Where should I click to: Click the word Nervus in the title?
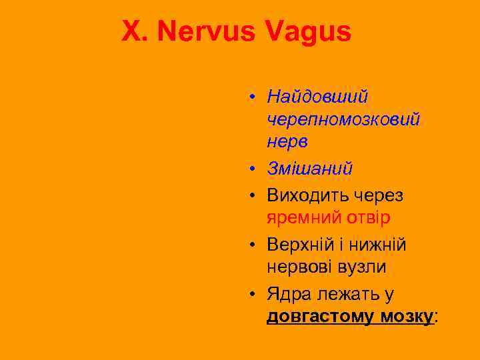click(x=203, y=31)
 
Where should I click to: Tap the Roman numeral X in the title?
click(x=131, y=31)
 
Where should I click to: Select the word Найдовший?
click(x=317, y=97)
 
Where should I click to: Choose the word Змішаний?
click(x=309, y=169)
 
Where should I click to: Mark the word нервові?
click(x=299, y=267)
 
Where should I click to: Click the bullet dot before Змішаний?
click(x=255, y=170)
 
